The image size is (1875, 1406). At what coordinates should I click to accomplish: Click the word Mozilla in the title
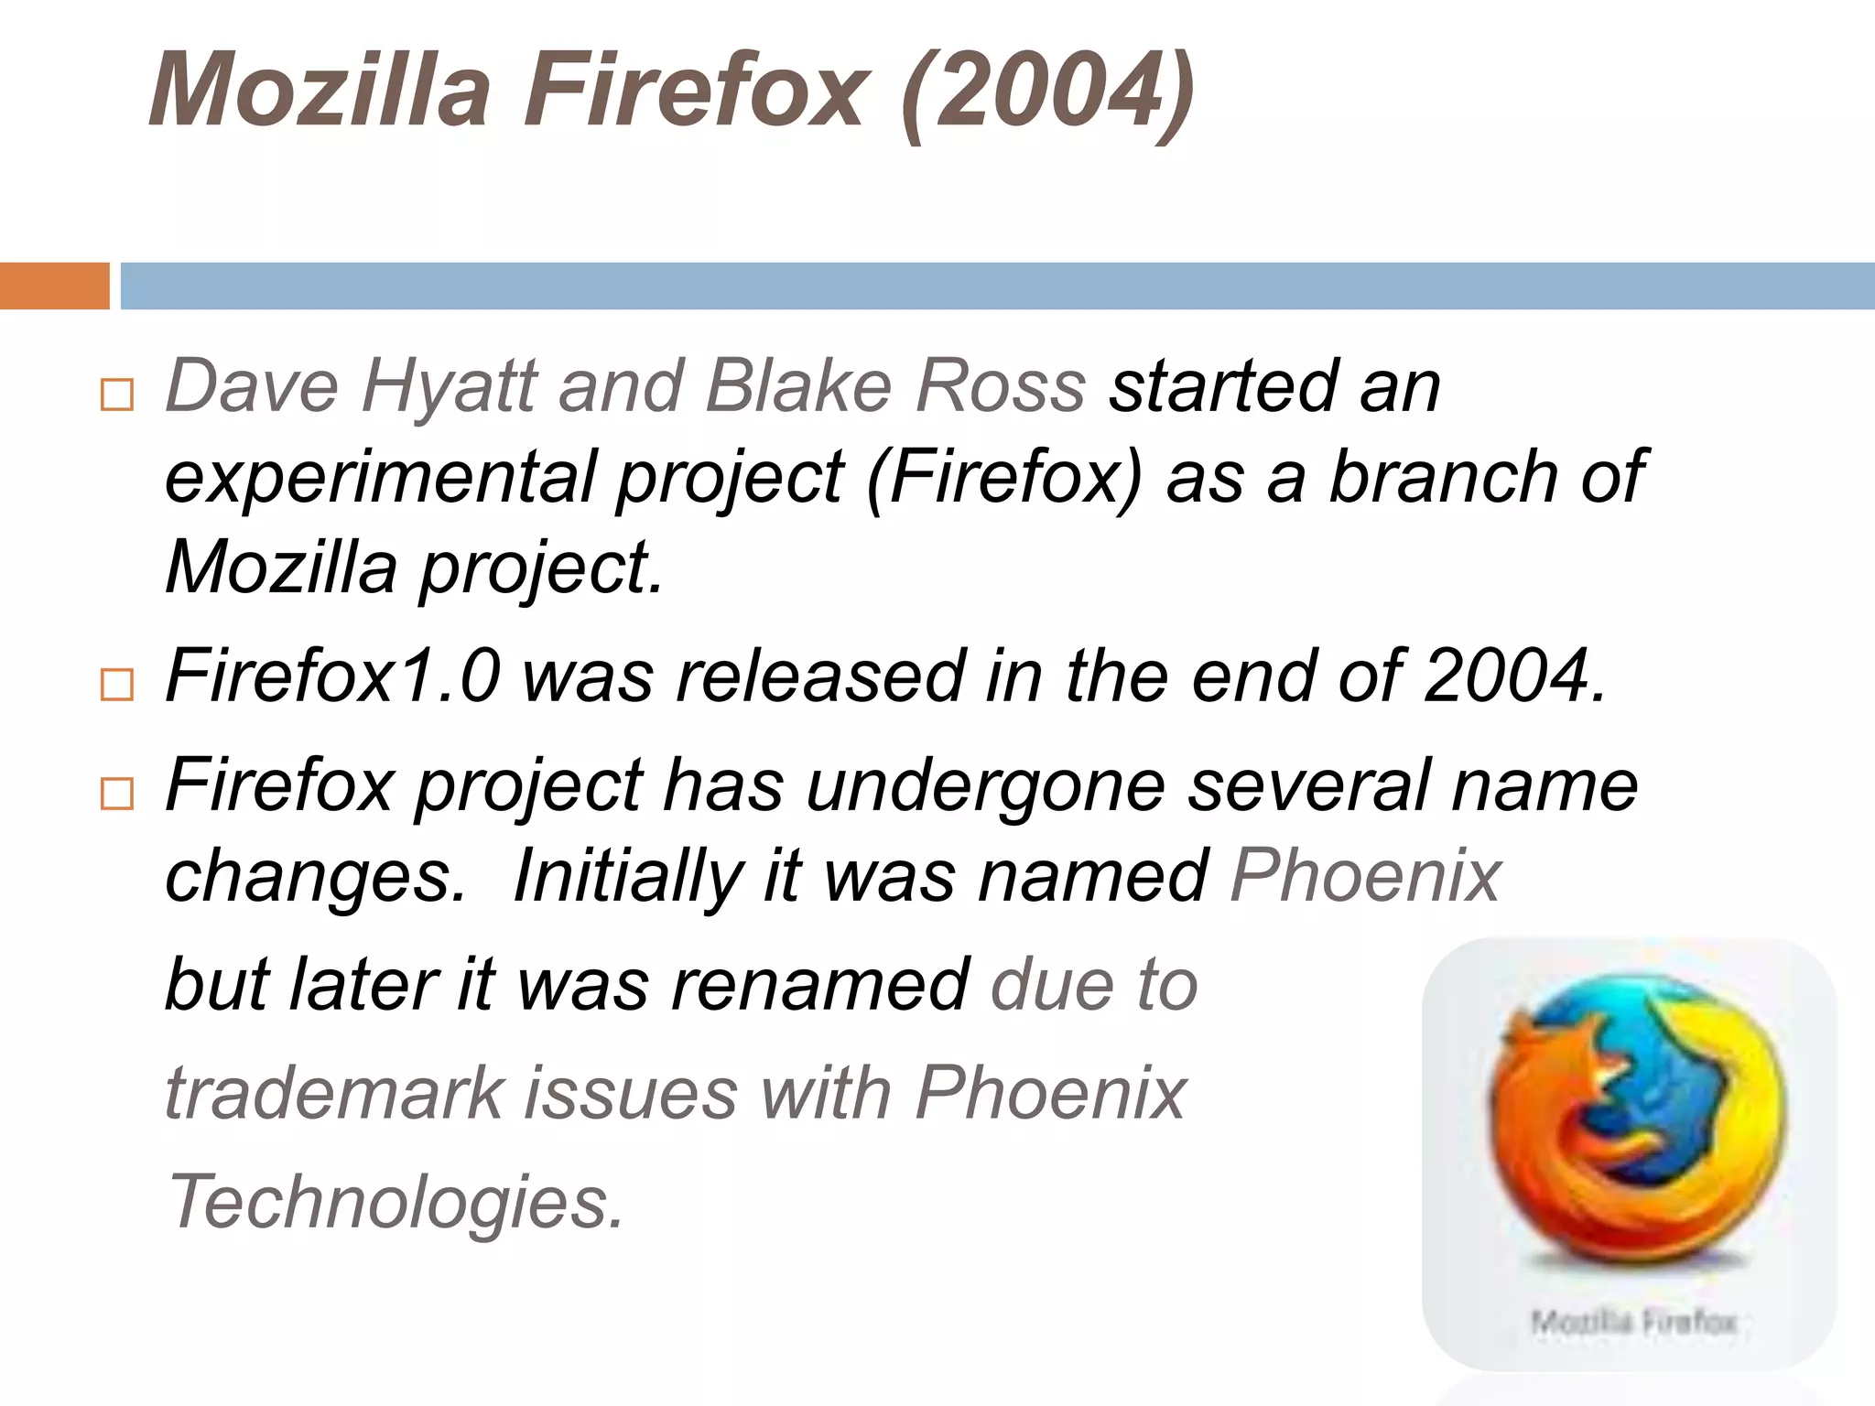[x=320, y=90]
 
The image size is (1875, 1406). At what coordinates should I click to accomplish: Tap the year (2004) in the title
[x=1047, y=92]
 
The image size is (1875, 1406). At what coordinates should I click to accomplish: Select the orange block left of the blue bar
[x=54, y=286]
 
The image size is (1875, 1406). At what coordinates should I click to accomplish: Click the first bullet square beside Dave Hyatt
[x=117, y=395]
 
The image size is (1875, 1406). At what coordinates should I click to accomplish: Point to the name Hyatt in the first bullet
[x=450, y=386]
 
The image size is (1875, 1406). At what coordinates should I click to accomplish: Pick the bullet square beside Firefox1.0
[x=117, y=685]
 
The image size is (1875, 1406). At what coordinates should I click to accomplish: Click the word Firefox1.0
[x=333, y=676]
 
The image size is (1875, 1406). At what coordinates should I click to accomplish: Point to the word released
[x=819, y=676]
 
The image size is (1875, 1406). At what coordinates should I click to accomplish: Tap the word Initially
[x=626, y=876]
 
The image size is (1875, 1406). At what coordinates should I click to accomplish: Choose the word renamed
[x=820, y=984]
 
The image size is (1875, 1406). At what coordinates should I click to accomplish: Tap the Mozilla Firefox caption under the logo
[x=1633, y=1322]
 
